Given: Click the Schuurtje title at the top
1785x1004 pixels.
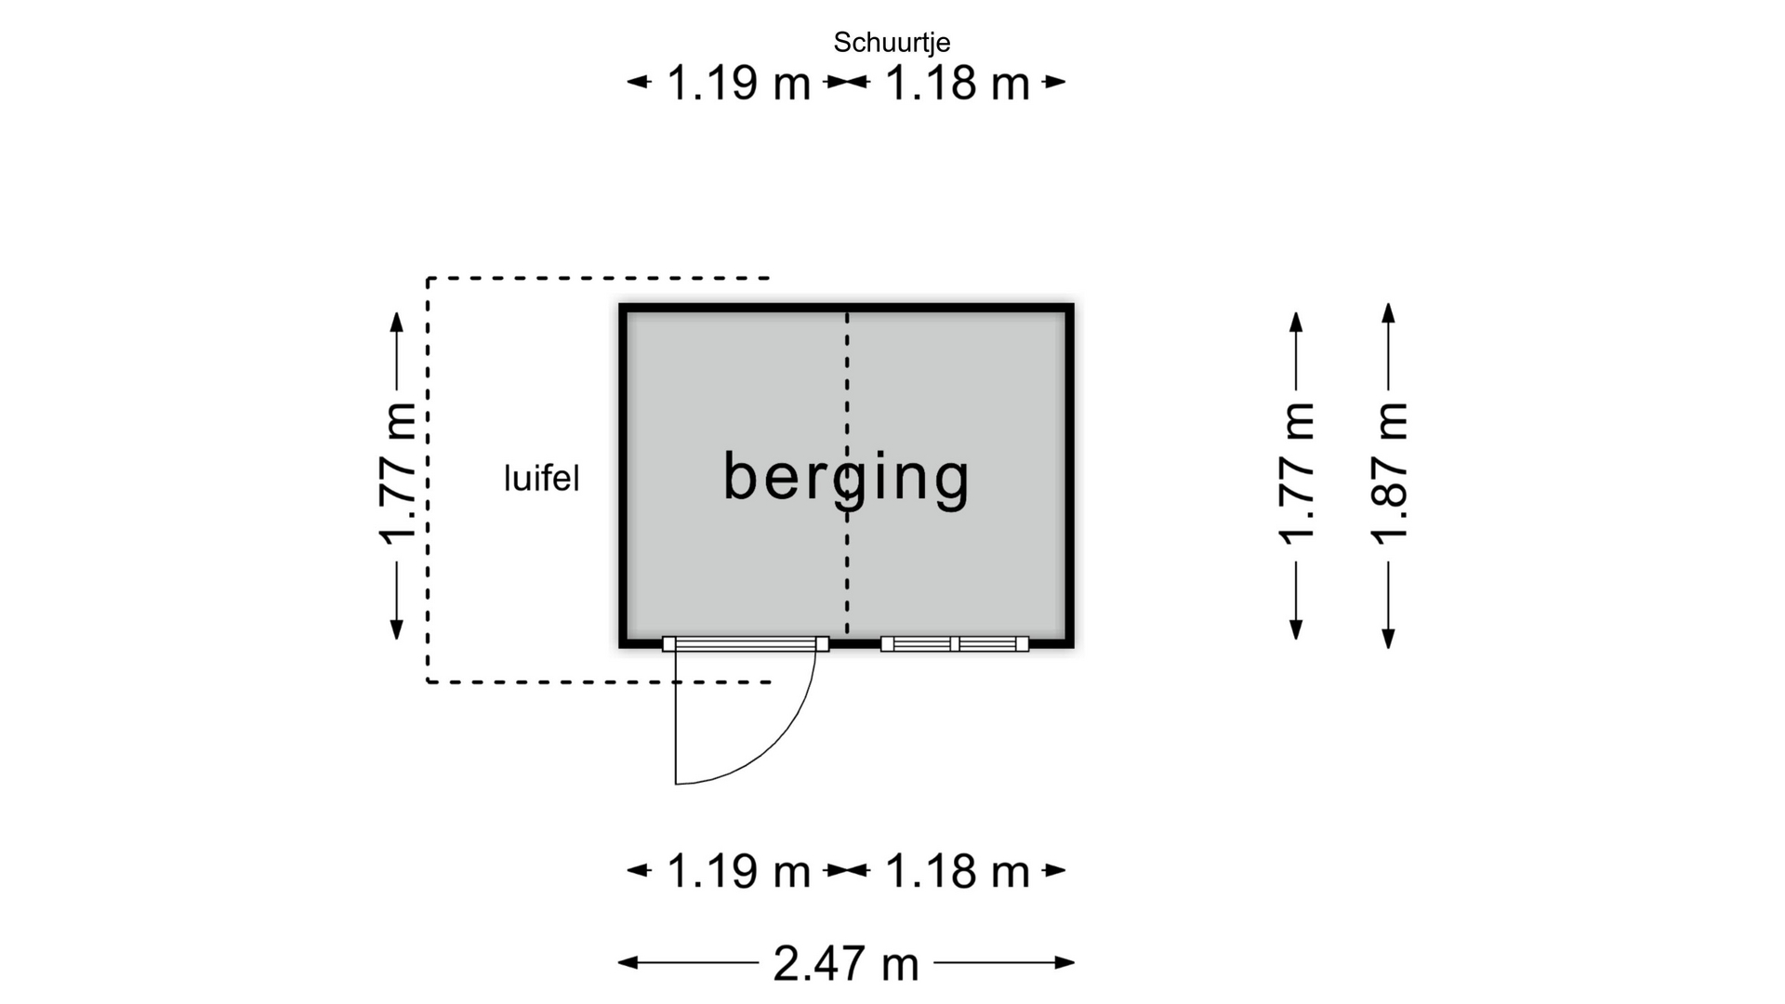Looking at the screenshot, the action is pos(892,43).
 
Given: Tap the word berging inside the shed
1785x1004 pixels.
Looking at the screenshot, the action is pos(846,478).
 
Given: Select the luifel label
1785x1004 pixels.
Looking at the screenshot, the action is pos(542,479).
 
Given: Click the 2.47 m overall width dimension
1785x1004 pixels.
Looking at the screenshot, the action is pos(845,963).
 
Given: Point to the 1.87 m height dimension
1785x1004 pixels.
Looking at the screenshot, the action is pos(1389,472).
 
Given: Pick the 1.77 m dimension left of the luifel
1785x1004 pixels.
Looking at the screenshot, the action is pos(397,472).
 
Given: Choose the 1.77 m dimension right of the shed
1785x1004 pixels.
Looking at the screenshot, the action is pos(1297,472).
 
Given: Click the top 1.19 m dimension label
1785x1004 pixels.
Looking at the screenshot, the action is pos(739,83).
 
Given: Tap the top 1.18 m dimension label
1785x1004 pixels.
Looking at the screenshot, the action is pos(958,83).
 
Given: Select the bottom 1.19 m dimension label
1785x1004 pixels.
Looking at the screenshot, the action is pos(739,871).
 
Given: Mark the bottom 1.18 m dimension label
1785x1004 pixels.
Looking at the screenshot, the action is pos(958,871).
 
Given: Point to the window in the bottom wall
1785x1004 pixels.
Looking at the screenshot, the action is pos(955,643).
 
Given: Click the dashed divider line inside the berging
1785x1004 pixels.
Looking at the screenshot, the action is pos(847,474).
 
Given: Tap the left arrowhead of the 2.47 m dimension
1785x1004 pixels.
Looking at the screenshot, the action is pos(628,962).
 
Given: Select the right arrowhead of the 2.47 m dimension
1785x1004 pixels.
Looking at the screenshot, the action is pos(1064,962).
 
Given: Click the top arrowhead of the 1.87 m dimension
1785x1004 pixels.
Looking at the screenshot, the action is pos(1388,313).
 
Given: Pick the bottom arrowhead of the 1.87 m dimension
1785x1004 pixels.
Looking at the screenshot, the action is pos(1388,638).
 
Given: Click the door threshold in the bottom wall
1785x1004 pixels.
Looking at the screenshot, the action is pos(746,643).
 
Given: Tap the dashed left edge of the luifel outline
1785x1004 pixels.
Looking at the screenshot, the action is pos(428,480).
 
